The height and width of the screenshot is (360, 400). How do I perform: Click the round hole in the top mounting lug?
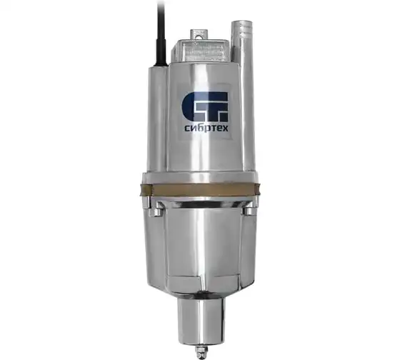(x=199, y=36)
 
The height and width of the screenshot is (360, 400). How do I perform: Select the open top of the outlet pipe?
(x=242, y=23)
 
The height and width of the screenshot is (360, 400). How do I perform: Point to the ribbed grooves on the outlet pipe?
(x=246, y=33)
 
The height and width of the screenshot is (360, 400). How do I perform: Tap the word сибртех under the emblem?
(x=206, y=129)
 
